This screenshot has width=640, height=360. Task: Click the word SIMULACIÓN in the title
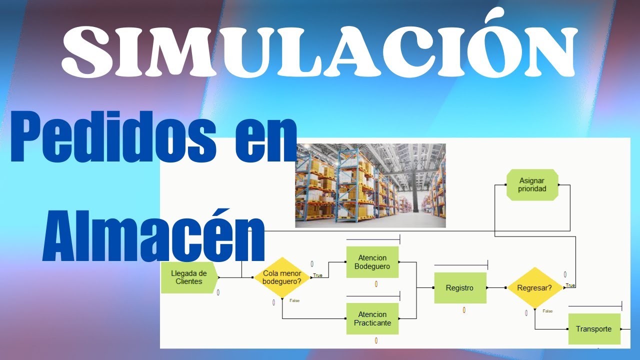click(x=320, y=50)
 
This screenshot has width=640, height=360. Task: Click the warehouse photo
click(x=370, y=185)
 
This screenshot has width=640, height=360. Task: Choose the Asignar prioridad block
click(x=531, y=185)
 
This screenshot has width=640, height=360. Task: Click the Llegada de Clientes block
click(x=189, y=277)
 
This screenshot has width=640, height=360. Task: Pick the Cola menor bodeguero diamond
click(x=282, y=277)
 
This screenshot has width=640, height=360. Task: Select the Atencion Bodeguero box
click(x=372, y=262)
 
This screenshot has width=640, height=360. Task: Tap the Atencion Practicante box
click(x=372, y=318)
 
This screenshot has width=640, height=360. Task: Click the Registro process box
click(x=459, y=288)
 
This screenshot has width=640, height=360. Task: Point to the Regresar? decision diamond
click(x=534, y=288)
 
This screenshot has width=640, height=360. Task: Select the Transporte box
click(x=593, y=329)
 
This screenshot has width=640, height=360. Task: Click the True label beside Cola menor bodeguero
click(x=317, y=275)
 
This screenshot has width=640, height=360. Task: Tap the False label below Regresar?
click(x=547, y=311)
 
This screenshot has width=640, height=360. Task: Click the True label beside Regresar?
click(x=570, y=285)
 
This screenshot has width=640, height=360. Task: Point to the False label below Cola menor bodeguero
click(x=294, y=300)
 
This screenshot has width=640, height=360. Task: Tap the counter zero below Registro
click(x=464, y=310)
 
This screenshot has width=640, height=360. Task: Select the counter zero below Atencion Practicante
click(x=376, y=341)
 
